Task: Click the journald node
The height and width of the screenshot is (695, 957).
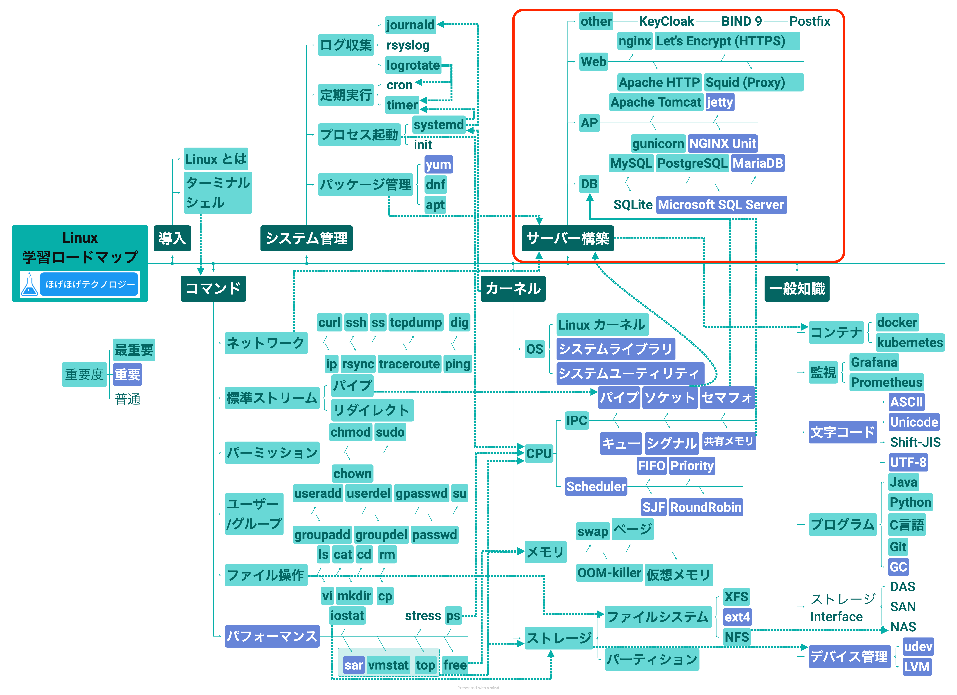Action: point(410,25)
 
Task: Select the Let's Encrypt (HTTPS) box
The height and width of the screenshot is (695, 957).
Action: point(727,41)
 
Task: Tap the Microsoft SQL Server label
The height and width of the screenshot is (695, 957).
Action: point(721,205)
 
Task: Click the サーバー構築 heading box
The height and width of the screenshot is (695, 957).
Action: point(568,238)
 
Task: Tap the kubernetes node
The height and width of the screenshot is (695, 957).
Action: point(910,342)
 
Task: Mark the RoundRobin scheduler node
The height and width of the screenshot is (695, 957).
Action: point(705,507)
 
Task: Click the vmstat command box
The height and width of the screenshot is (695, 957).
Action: point(388,666)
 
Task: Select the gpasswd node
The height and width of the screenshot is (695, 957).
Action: point(421,493)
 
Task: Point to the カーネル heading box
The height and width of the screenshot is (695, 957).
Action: point(513,289)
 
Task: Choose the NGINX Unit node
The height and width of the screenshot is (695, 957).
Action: point(722,143)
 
